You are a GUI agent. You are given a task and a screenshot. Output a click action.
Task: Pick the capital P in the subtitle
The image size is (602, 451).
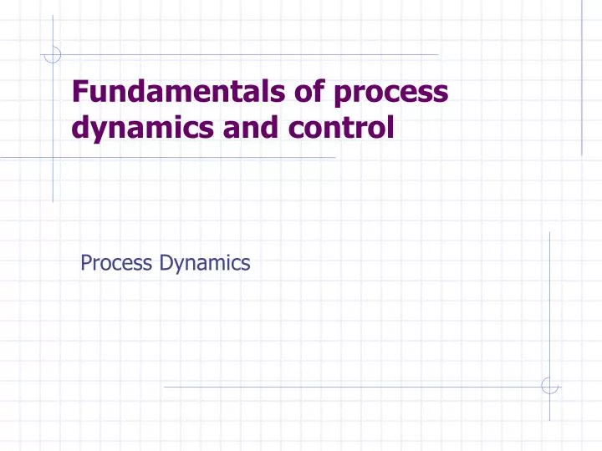point(85,264)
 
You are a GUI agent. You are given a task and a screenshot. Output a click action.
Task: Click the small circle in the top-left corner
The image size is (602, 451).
point(53,55)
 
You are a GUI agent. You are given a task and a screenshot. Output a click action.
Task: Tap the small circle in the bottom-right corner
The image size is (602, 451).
point(549,386)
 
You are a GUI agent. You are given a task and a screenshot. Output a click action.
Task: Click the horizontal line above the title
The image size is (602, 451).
point(251,55)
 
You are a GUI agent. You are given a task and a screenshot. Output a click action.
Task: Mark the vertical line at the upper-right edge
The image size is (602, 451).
point(582,84)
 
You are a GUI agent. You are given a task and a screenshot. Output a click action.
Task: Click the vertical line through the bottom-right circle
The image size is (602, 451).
point(549,317)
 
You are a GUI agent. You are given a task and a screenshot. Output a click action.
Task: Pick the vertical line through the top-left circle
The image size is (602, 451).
point(53,125)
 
